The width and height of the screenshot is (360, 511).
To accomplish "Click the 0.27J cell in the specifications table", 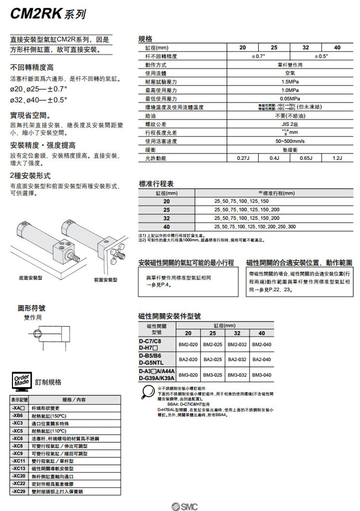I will pyautogui.click(x=242, y=158).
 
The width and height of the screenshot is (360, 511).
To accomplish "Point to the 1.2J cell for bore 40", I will pyautogui.click(x=337, y=158).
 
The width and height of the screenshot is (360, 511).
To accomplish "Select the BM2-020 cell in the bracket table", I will pyautogui.click(x=188, y=344).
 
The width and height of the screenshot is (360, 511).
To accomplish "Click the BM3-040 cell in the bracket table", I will pyautogui.click(x=262, y=375).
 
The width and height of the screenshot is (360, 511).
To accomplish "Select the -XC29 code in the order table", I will pyautogui.click(x=19, y=492).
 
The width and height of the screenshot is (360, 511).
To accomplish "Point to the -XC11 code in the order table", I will pyautogui.click(x=19, y=461).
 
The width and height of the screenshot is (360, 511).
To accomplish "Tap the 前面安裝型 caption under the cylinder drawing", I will pyautogui.click(x=106, y=280).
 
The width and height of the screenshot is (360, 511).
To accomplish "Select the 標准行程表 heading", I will pyautogui.click(x=156, y=183).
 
